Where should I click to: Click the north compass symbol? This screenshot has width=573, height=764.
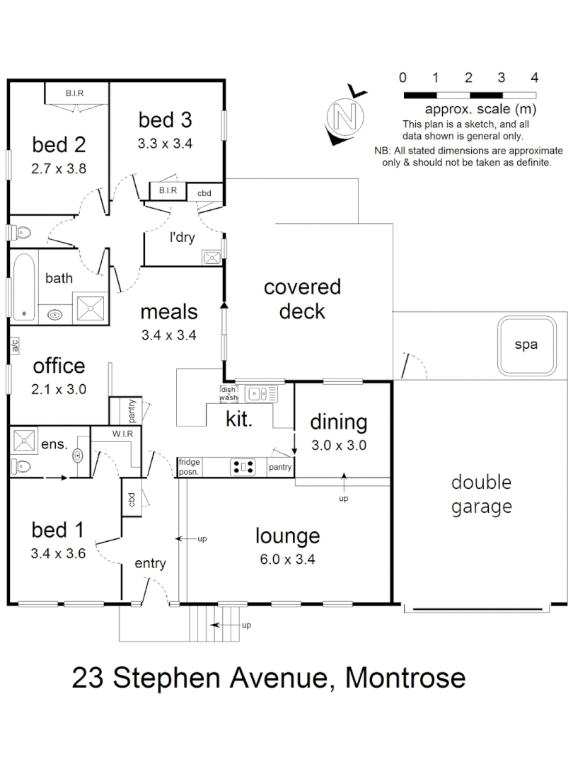pos(345,115)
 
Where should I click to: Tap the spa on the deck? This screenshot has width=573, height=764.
pos(526,345)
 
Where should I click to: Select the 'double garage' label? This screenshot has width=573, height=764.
pos(481,494)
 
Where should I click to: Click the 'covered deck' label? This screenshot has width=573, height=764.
pos(302,299)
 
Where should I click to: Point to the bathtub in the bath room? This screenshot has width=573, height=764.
pos(23,286)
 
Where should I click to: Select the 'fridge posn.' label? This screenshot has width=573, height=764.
pos(190,466)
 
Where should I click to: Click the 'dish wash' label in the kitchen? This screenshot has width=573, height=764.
pos(228,393)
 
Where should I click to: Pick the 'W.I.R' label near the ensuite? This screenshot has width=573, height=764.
pos(124,434)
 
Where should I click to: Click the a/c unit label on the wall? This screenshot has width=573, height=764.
pos(13,346)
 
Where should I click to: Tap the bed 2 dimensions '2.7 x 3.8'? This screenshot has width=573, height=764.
pos(59,169)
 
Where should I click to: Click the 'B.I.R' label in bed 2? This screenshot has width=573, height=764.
pos(76,93)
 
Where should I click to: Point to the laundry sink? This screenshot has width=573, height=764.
pos(212,257)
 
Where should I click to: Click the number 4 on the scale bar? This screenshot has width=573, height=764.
pos(535,77)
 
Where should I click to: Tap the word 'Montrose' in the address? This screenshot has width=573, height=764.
pos(405,678)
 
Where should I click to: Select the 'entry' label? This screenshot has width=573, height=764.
pos(150,563)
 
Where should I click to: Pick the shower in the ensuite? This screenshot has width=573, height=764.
pos(25,441)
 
